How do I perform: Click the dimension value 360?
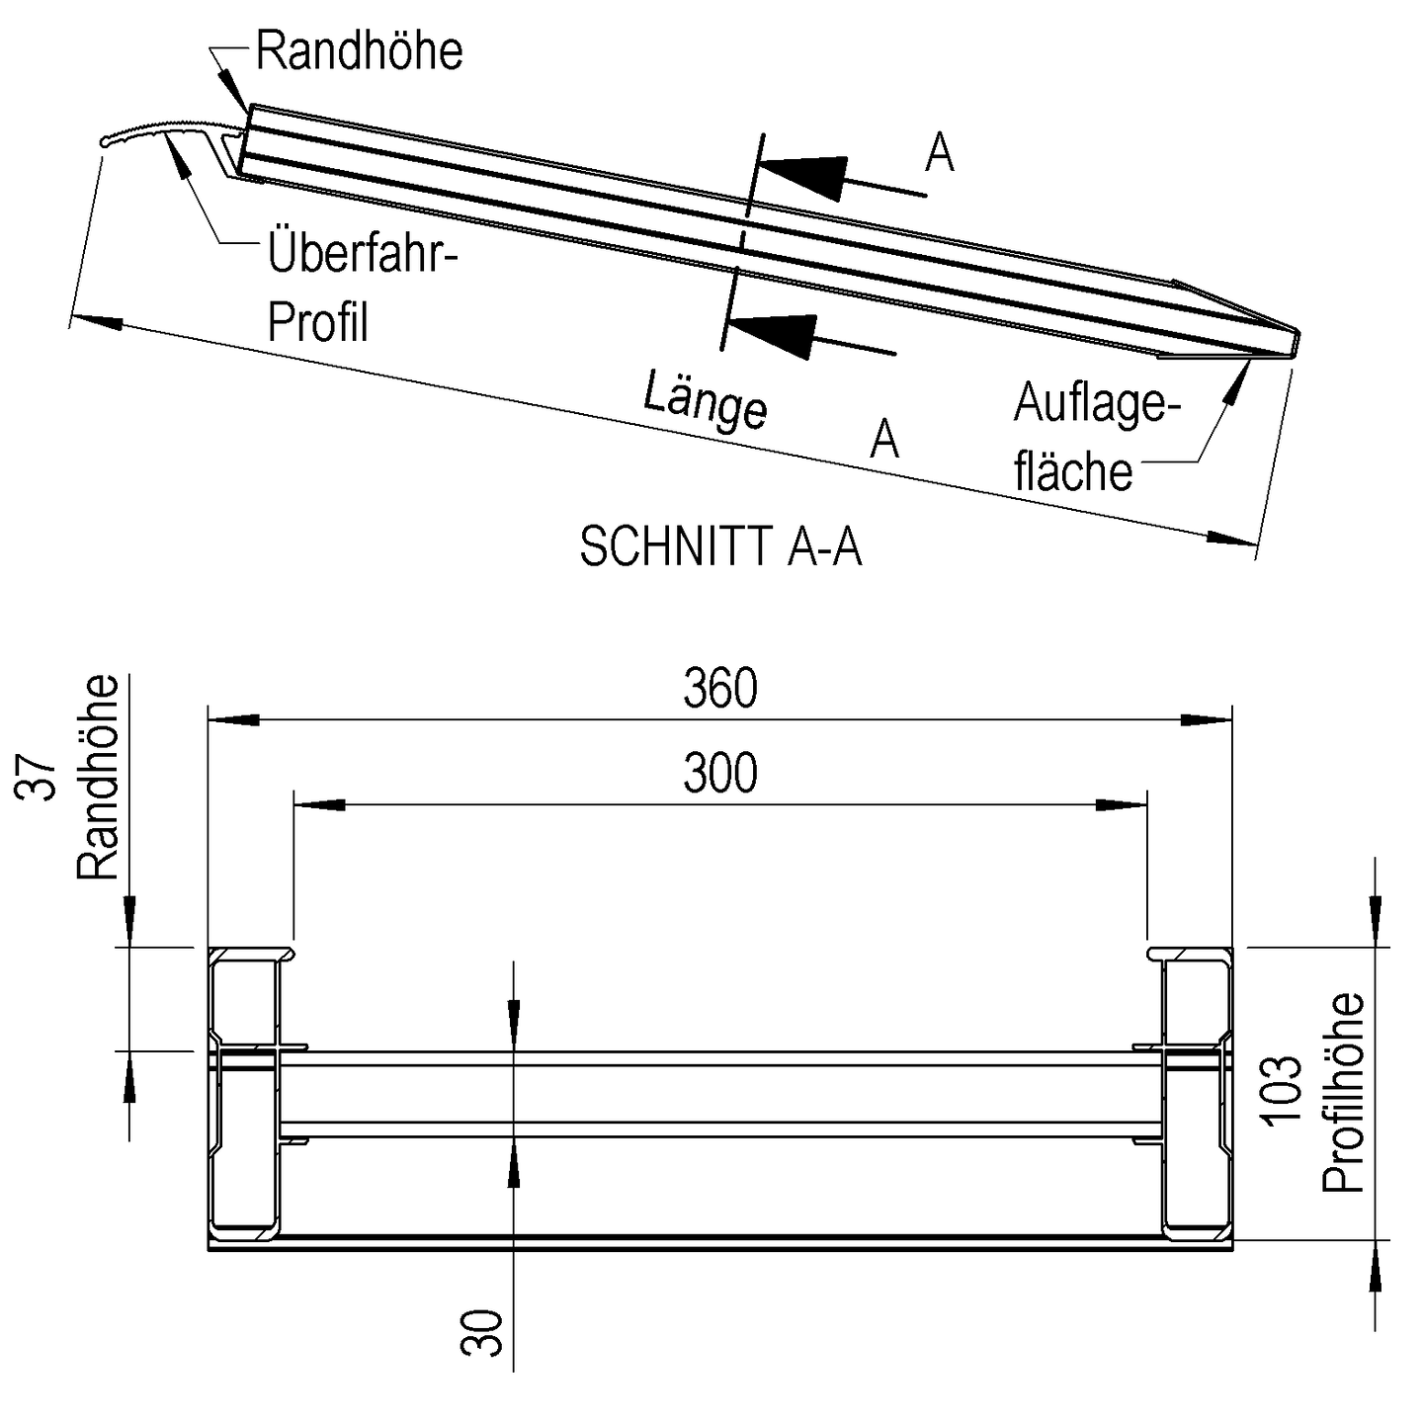coord(720,688)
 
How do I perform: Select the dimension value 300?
coord(720,773)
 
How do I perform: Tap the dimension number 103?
coord(1283,1091)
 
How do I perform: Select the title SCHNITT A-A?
coord(720,546)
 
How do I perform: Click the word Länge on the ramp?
coord(705,399)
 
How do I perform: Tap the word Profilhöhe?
coord(1344,1092)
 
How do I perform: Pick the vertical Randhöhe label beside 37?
coord(98,778)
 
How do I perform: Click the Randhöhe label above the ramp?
coord(359,51)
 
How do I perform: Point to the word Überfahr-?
coord(364,254)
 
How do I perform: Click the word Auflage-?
coord(1097,403)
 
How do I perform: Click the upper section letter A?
coord(939,153)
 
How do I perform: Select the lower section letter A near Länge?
coord(884,439)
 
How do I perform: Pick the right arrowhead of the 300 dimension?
coord(1123,804)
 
